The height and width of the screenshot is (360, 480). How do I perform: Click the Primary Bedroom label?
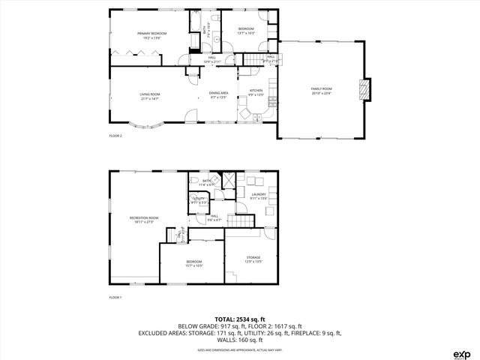pyautogui.click(x=150, y=34)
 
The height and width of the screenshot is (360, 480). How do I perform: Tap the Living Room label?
pyautogui.click(x=150, y=95)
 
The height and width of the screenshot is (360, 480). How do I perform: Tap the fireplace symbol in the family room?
pyautogui.click(x=365, y=89)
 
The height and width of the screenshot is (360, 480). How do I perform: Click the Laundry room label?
pyautogui.click(x=259, y=196)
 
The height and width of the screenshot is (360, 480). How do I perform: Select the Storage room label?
pyautogui.click(x=253, y=259)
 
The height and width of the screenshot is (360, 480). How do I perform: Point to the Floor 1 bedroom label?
pyautogui.click(x=194, y=263)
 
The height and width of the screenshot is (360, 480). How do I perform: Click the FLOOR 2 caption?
pyautogui.click(x=115, y=136)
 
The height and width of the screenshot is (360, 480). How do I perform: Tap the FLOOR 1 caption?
pyautogui.click(x=115, y=298)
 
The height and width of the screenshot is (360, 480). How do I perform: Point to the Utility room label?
pyautogui.click(x=199, y=199)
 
